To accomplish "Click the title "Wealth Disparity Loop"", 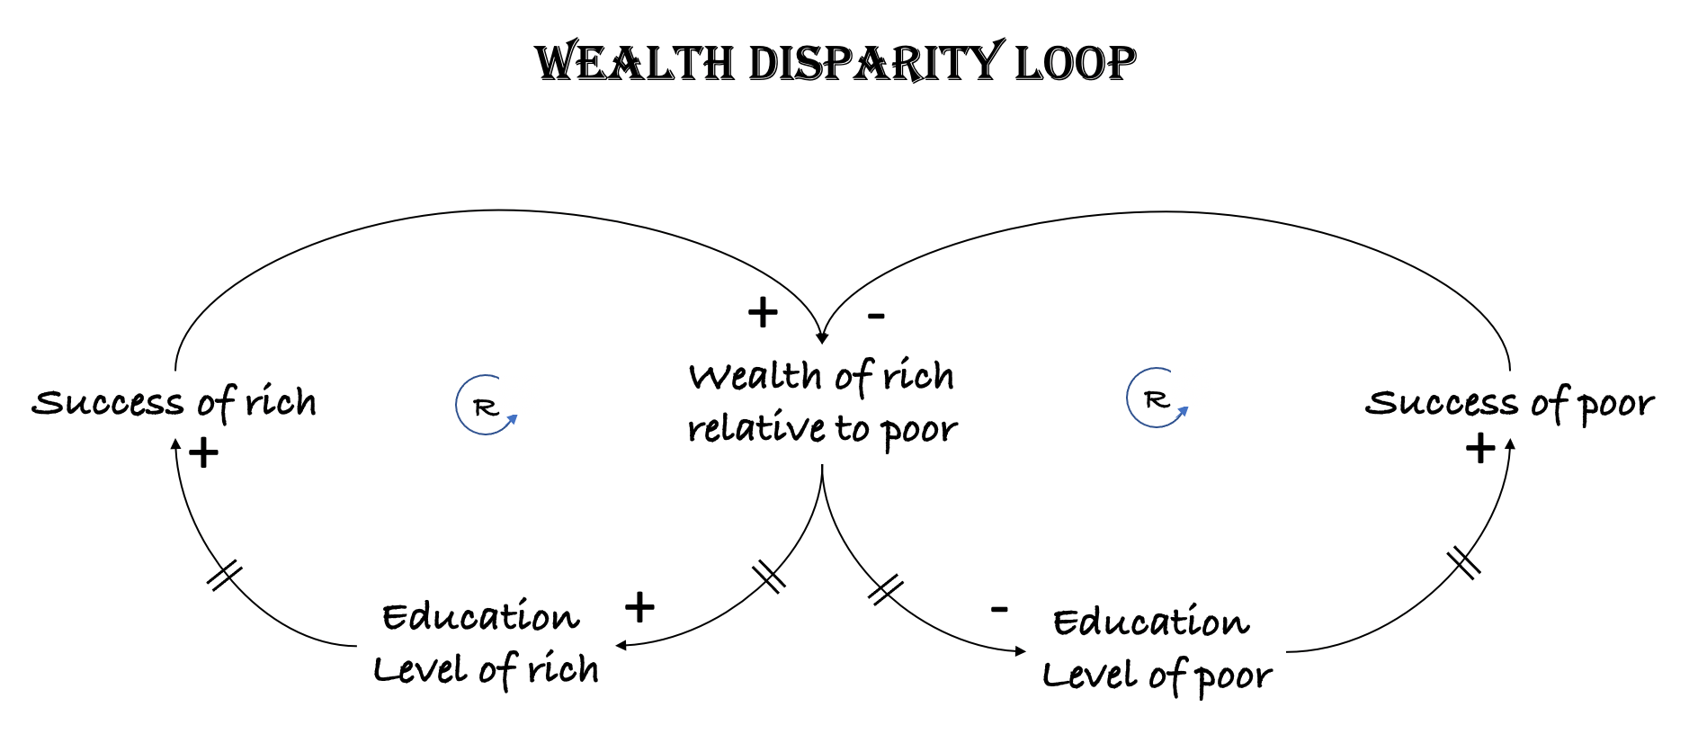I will [835, 63].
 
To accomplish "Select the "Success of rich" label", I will [174, 402].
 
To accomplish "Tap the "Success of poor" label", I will [1509, 403].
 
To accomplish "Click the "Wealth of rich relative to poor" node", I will [822, 402].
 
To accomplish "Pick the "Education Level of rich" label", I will [486, 644].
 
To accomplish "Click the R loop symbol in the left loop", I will [487, 407].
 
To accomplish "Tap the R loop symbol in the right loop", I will [1157, 398].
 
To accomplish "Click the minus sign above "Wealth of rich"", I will [876, 316].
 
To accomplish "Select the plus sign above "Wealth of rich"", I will [763, 313].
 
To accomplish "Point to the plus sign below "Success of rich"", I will [204, 452].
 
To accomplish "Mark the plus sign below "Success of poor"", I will [1479, 448].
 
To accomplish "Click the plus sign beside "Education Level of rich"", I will [639, 608].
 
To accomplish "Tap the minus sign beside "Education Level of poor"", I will [998, 610].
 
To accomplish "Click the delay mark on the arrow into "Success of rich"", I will [224, 575].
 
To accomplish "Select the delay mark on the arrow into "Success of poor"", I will [1463, 564].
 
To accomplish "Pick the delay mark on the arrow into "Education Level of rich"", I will [769, 576].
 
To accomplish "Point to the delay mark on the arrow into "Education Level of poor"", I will [886, 589].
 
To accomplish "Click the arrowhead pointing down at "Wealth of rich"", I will [821, 338].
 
